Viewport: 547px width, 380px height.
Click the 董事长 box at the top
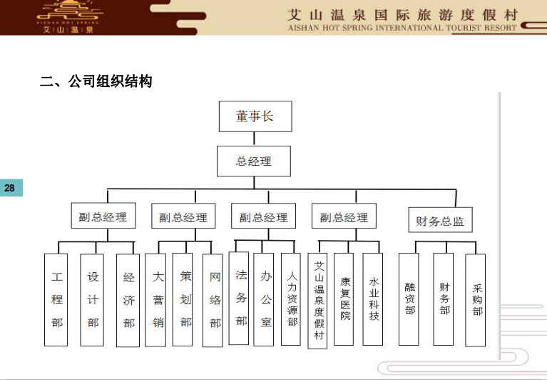[255, 116]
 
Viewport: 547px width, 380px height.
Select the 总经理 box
[254, 161]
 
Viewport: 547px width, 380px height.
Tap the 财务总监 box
[440, 220]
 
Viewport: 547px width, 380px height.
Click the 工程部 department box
[56, 300]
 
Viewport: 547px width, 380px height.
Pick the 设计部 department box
[92, 300]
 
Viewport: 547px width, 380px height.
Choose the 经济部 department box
[128, 301]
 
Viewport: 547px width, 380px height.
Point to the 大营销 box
[155, 300]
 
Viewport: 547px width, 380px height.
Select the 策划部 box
[183, 299]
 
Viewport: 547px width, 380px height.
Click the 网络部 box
[213, 300]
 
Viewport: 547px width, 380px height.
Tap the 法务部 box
[239, 298]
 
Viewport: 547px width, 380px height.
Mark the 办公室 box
[263, 299]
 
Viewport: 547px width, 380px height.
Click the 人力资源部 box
[290, 299]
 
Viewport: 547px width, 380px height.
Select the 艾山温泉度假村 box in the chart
[317, 301]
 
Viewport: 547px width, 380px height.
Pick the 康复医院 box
[344, 299]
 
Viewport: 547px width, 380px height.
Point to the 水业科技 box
[372, 299]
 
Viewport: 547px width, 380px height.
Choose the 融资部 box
[409, 299]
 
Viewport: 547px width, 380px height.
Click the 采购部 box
[476, 300]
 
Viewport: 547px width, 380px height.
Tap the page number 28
[9, 188]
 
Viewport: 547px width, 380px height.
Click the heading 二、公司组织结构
[96, 81]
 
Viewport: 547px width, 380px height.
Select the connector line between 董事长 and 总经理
[254, 139]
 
